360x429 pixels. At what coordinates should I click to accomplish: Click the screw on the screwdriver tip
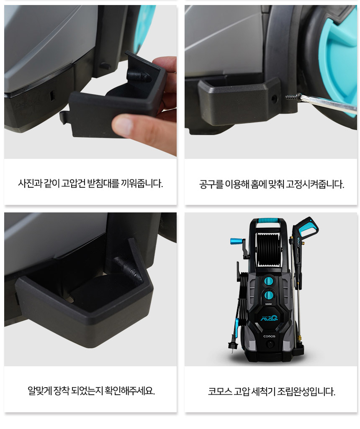pos(293,97)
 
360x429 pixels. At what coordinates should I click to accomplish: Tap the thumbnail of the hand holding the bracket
pos(90,82)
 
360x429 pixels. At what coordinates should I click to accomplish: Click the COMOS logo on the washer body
pos(269,336)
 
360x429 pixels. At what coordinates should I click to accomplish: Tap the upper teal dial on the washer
pos(269,281)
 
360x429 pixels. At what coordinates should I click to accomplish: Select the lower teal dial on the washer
pos(269,295)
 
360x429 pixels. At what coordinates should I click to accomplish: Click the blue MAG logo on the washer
pos(269,317)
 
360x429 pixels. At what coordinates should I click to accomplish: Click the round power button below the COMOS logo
pos(270,344)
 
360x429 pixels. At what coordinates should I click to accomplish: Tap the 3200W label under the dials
pos(269,304)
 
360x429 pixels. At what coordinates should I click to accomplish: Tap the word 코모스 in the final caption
pos(220,391)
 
